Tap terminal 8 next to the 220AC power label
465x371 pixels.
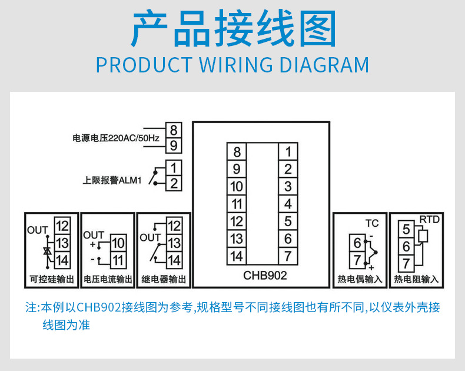pos(174,130)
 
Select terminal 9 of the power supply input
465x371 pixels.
pos(174,145)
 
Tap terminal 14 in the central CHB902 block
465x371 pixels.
pos(236,256)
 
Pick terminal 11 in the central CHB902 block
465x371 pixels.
pos(236,204)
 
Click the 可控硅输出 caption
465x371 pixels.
pos(52,279)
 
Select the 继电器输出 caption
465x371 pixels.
pos(164,279)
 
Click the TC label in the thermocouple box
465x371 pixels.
pos(372,224)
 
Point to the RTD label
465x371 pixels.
pos(429,220)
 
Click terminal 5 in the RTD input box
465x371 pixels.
pos(406,228)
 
